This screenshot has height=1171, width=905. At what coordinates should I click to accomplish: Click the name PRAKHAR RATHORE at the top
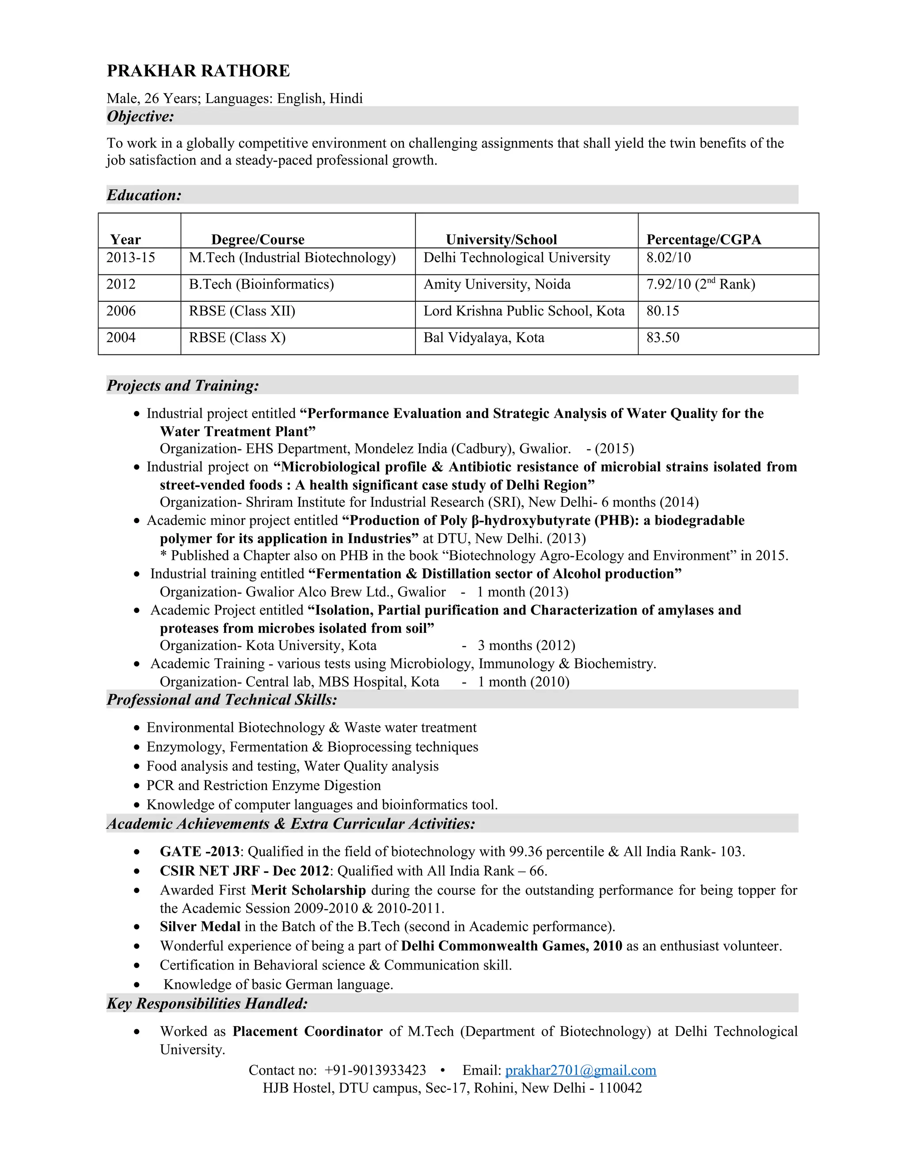(198, 71)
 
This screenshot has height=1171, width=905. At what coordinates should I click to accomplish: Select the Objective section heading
(141, 116)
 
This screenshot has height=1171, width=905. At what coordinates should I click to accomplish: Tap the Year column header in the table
(125, 239)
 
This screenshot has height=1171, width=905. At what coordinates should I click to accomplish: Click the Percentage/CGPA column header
(703, 239)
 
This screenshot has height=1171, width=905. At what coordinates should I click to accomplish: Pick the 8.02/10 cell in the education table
(669, 258)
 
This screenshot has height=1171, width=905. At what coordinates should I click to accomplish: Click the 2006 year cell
(121, 311)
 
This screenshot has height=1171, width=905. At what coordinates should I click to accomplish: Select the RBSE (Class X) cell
(237, 338)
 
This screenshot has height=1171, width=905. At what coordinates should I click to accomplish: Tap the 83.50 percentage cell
(663, 338)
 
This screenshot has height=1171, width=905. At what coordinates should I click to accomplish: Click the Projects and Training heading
(183, 385)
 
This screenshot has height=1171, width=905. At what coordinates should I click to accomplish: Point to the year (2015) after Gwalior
(614, 449)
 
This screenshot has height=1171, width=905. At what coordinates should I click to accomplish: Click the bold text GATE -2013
(199, 852)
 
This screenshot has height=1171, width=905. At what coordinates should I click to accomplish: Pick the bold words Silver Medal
(200, 927)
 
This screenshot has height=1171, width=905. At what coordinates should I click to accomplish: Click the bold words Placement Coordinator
(307, 1032)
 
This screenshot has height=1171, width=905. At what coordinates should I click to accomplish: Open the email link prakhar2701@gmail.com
(581, 1070)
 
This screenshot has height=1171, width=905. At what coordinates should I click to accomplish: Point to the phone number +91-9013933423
(375, 1070)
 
